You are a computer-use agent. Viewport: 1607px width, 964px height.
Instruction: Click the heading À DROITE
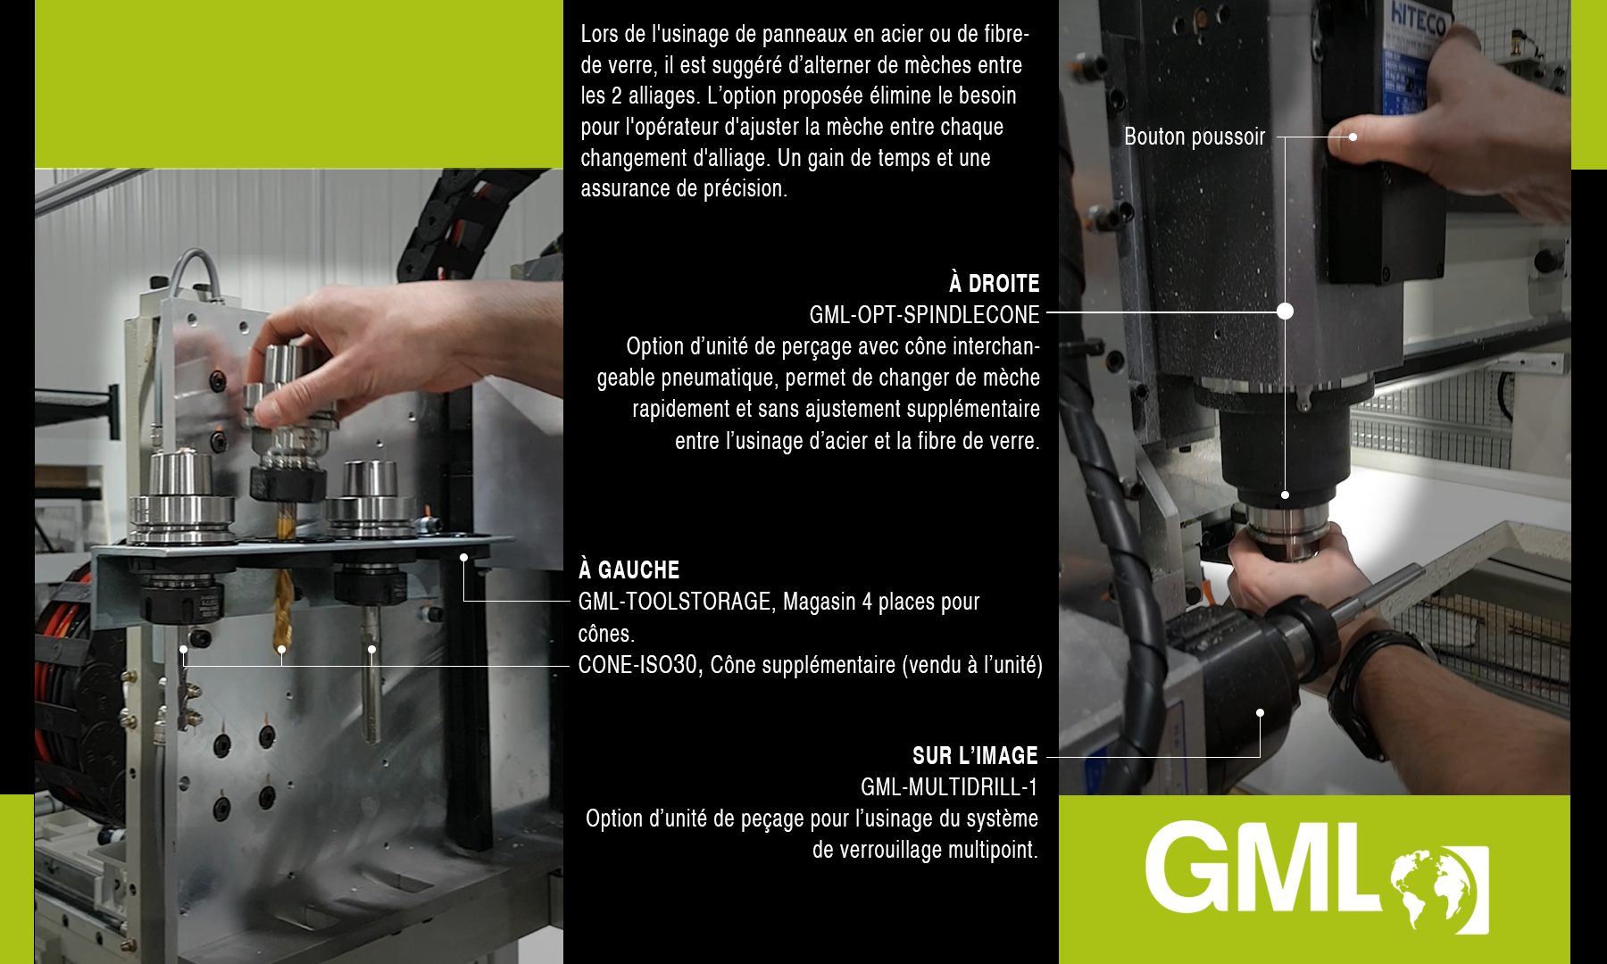[994, 284]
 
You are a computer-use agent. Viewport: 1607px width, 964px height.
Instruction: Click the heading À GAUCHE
[629, 570]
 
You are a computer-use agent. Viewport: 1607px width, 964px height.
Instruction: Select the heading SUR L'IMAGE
[974, 756]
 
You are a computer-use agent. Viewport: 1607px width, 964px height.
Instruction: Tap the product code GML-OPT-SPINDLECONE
[924, 315]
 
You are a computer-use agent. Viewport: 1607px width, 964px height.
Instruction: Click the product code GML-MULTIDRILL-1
[948, 787]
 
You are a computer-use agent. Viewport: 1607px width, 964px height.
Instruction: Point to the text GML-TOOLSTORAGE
[674, 602]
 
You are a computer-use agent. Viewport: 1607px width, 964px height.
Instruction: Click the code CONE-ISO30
[637, 665]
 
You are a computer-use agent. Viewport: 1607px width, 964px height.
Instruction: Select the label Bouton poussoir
[1194, 137]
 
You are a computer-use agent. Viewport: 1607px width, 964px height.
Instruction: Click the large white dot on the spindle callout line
[1285, 311]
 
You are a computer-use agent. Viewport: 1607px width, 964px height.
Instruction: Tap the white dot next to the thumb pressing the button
[1353, 137]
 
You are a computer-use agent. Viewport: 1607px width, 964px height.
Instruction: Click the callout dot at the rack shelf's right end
[463, 557]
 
